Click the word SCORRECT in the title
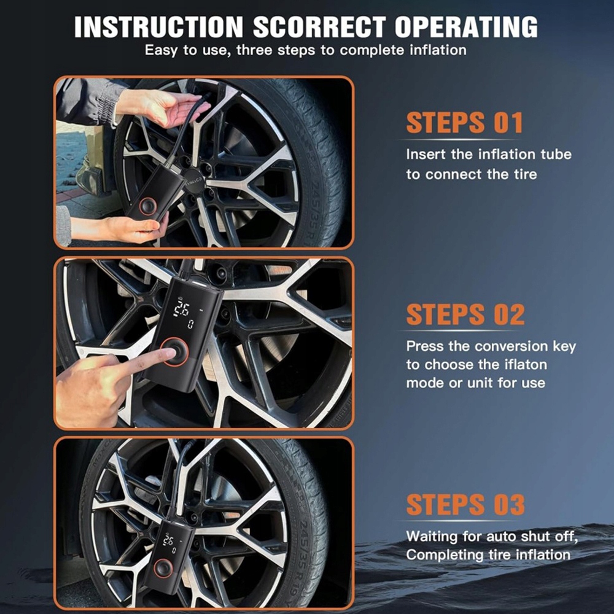[319, 26]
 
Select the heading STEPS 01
[464, 123]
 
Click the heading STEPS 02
[465, 314]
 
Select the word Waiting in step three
[432, 537]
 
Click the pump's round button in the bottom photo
[163, 567]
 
